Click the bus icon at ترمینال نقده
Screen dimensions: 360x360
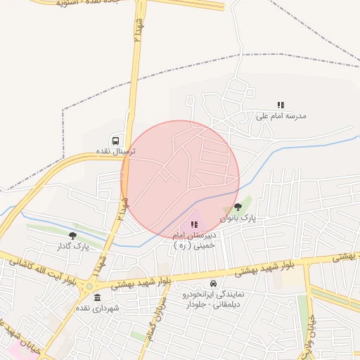click(116, 140)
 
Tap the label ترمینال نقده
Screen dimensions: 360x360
click(106, 151)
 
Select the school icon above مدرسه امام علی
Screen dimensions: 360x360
click(281, 105)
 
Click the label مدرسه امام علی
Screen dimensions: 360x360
click(281, 115)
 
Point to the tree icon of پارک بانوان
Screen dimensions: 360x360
click(238, 207)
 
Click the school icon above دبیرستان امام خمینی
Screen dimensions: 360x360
click(194, 224)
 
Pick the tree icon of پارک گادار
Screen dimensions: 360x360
click(73, 236)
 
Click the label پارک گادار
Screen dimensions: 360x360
click(73, 246)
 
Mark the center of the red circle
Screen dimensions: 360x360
click(180, 179)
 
